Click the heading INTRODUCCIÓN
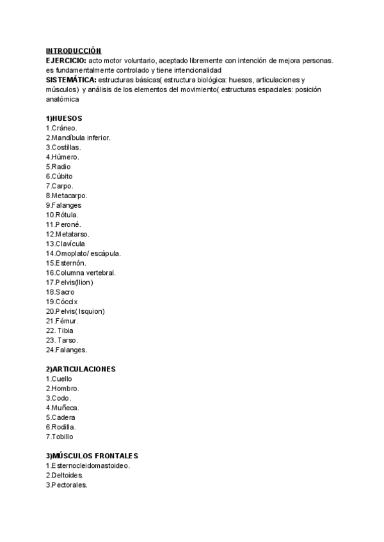coord(74,50)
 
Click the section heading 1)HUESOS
coord(64,118)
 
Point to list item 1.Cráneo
coord(61,128)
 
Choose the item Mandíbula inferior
coord(78,137)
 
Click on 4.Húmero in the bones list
coord(63,157)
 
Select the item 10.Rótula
coord(63,215)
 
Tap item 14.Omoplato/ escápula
coord(83,253)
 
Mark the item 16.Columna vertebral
coord(81,272)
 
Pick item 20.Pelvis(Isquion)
coord(76,311)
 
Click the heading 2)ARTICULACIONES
coord(81,369)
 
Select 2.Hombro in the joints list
coord(63,389)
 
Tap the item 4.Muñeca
coord(63,408)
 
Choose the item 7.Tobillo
coord(60,437)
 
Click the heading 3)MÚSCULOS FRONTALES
coord(92,456)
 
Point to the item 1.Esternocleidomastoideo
coord(88,465)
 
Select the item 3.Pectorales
coord(67,484)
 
